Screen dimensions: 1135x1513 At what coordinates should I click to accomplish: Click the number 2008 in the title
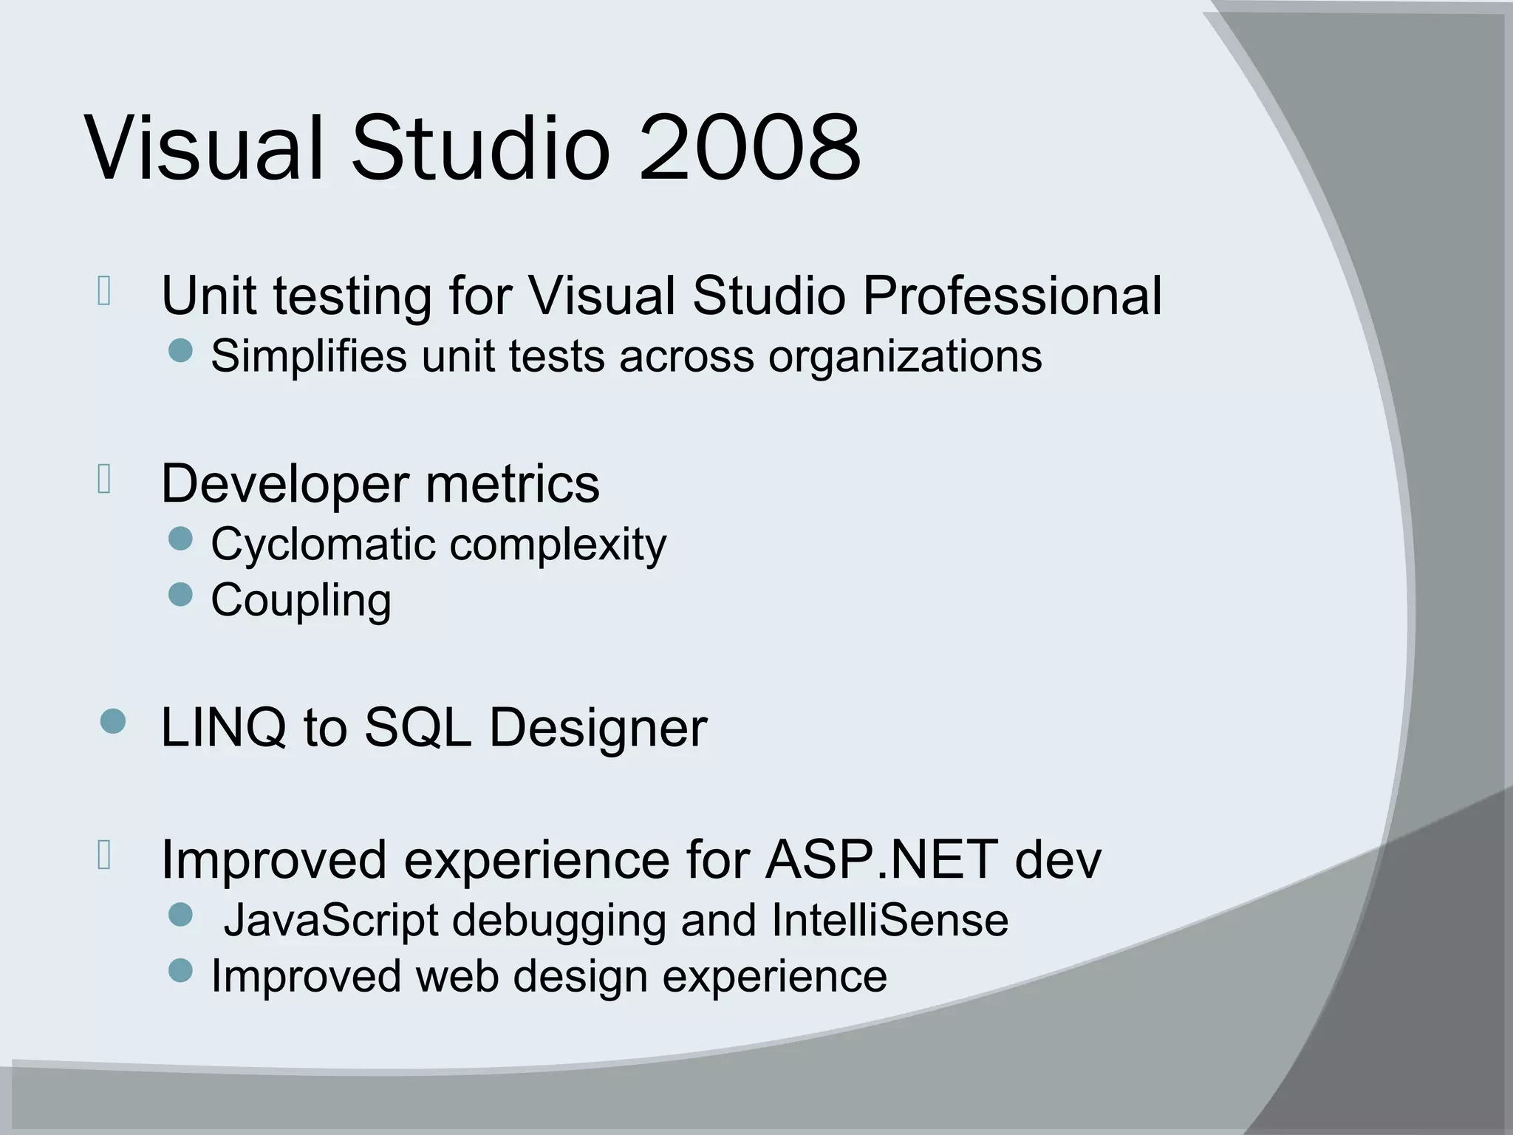[x=749, y=148]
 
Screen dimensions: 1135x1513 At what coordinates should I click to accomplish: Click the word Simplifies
[x=308, y=356]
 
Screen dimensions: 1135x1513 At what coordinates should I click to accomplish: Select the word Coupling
[x=301, y=601]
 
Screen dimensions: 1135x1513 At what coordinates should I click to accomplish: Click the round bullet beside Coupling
[x=180, y=595]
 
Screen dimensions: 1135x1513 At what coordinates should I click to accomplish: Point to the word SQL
[x=417, y=728]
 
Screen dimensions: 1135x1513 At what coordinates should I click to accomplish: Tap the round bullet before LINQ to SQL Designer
[x=112, y=721]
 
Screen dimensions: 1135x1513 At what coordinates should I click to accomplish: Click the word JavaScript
[x=331, y=921]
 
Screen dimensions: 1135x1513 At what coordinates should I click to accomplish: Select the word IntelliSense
[x=889, y=921]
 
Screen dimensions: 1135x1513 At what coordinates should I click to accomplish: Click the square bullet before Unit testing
[x=104, y=291]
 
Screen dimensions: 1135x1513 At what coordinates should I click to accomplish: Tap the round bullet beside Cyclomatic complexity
[x=180, y=539]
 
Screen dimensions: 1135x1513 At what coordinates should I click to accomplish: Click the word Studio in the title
[x=480, y=148]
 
